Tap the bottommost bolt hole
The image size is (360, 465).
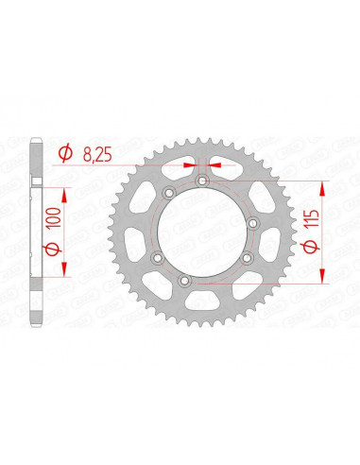coord(200,283)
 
